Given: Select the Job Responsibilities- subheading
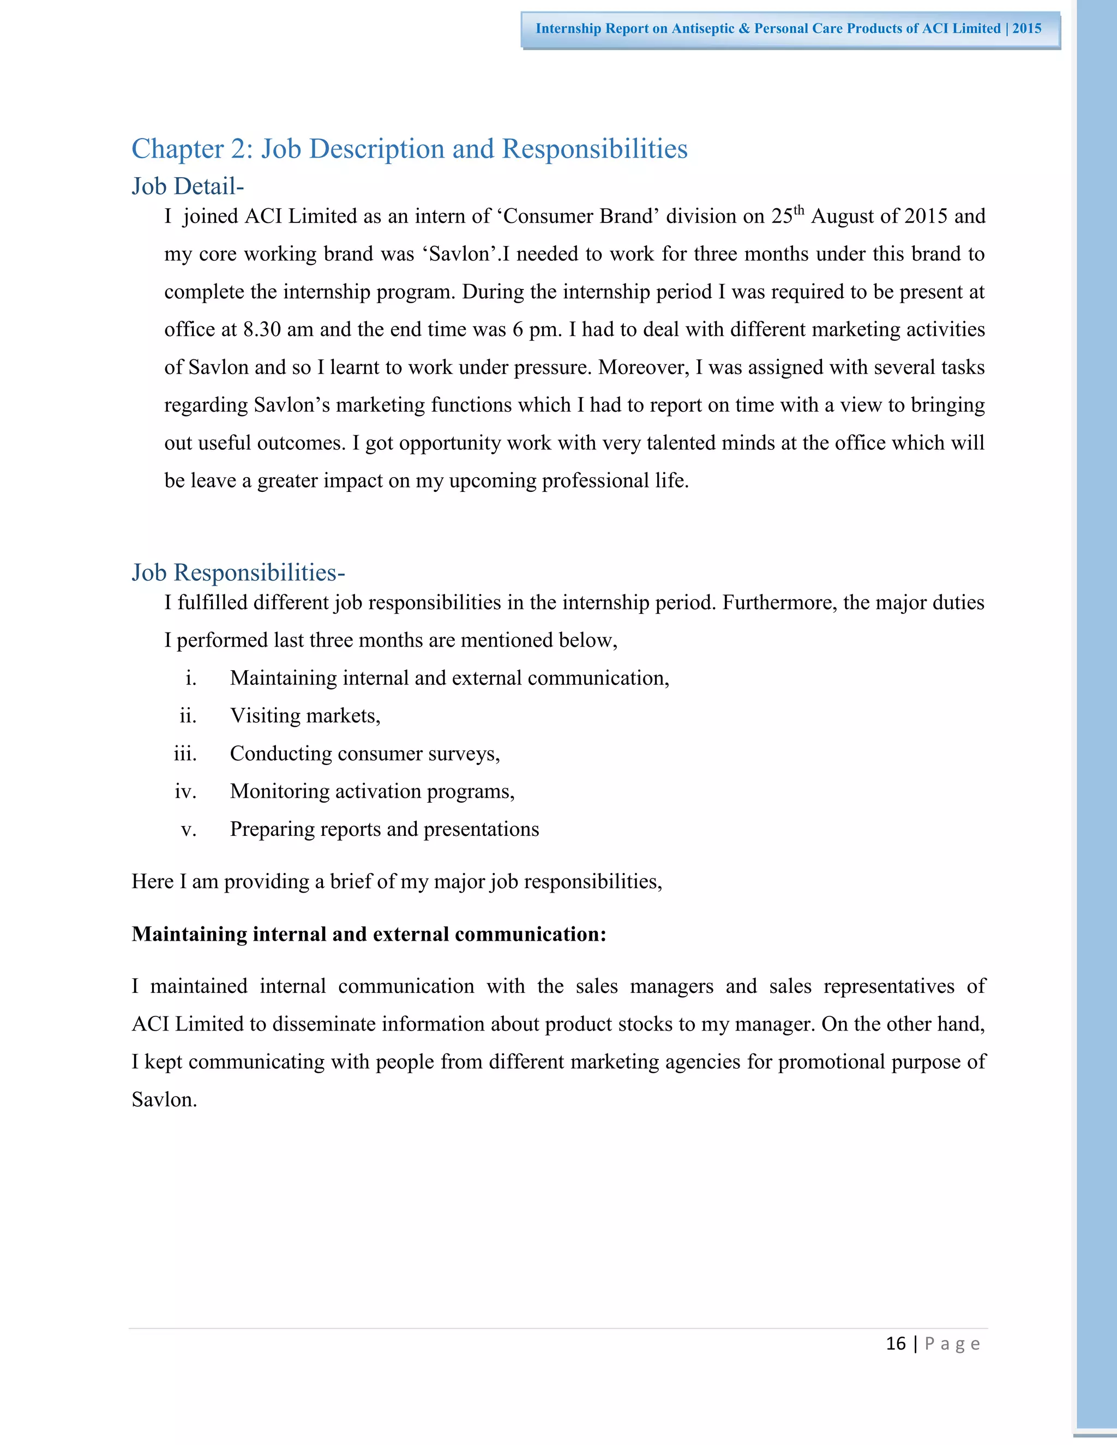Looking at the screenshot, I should click(238, 573).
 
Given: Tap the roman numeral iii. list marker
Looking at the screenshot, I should click(185, 754).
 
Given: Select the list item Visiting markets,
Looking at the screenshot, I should click(305, 716).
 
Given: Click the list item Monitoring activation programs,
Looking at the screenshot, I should click(372, 791).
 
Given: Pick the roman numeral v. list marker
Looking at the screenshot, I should click(189, 830).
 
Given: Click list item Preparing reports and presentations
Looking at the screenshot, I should click(384, 830).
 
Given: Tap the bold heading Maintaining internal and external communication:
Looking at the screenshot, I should click(369, 934).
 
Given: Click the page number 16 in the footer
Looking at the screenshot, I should click(896, 1344).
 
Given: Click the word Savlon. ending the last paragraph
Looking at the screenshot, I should click(164, 1100).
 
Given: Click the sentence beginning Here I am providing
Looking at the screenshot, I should click(397, 882).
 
